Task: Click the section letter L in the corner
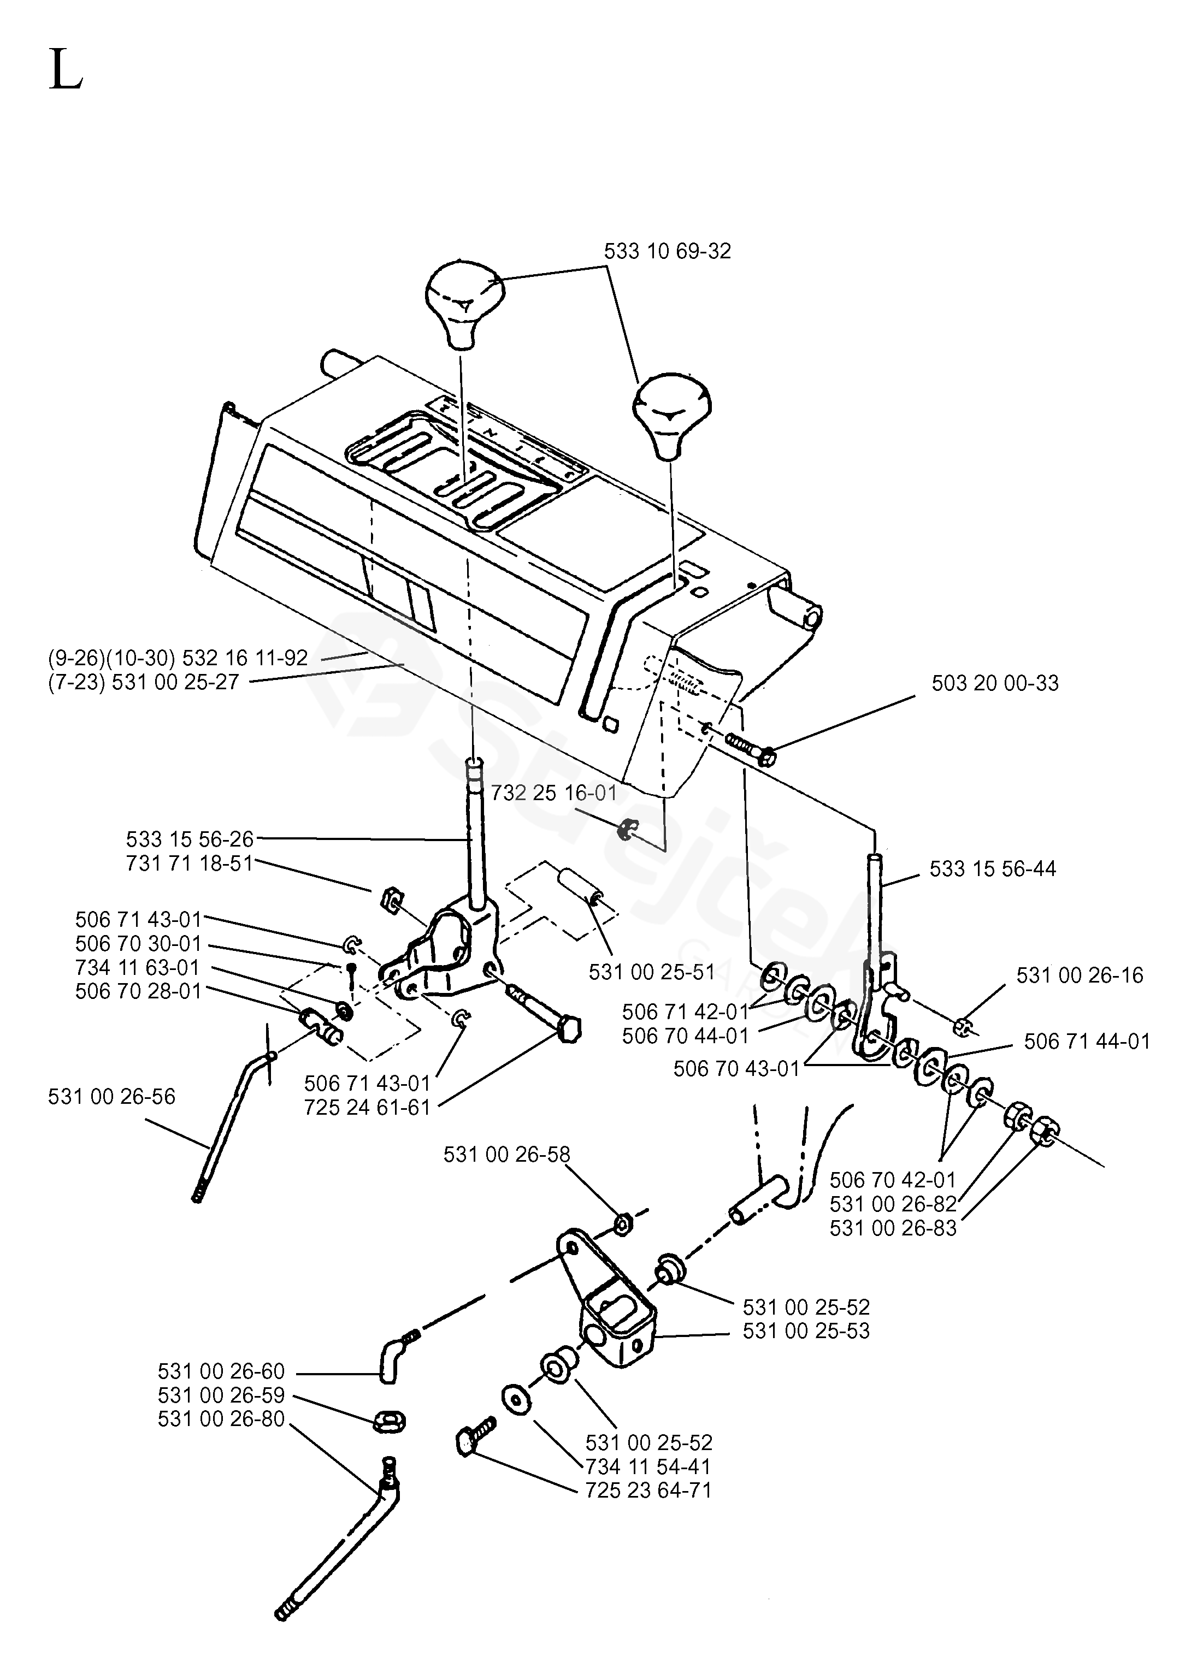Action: pyautogui.click(x=66, y=70)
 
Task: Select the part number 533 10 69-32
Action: pyautogui.click(x=668, y=252)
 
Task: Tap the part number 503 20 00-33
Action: pyautogui.click(x=995, y=683)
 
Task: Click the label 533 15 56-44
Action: pyautogui.click(x=993, y=868)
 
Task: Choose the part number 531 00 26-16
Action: pyautogui.click(x=1080, y=975)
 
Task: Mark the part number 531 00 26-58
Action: pyautogui.click(x=506, y=1154)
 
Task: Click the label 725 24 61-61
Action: pyautogui.click(x=367, y=1107)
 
